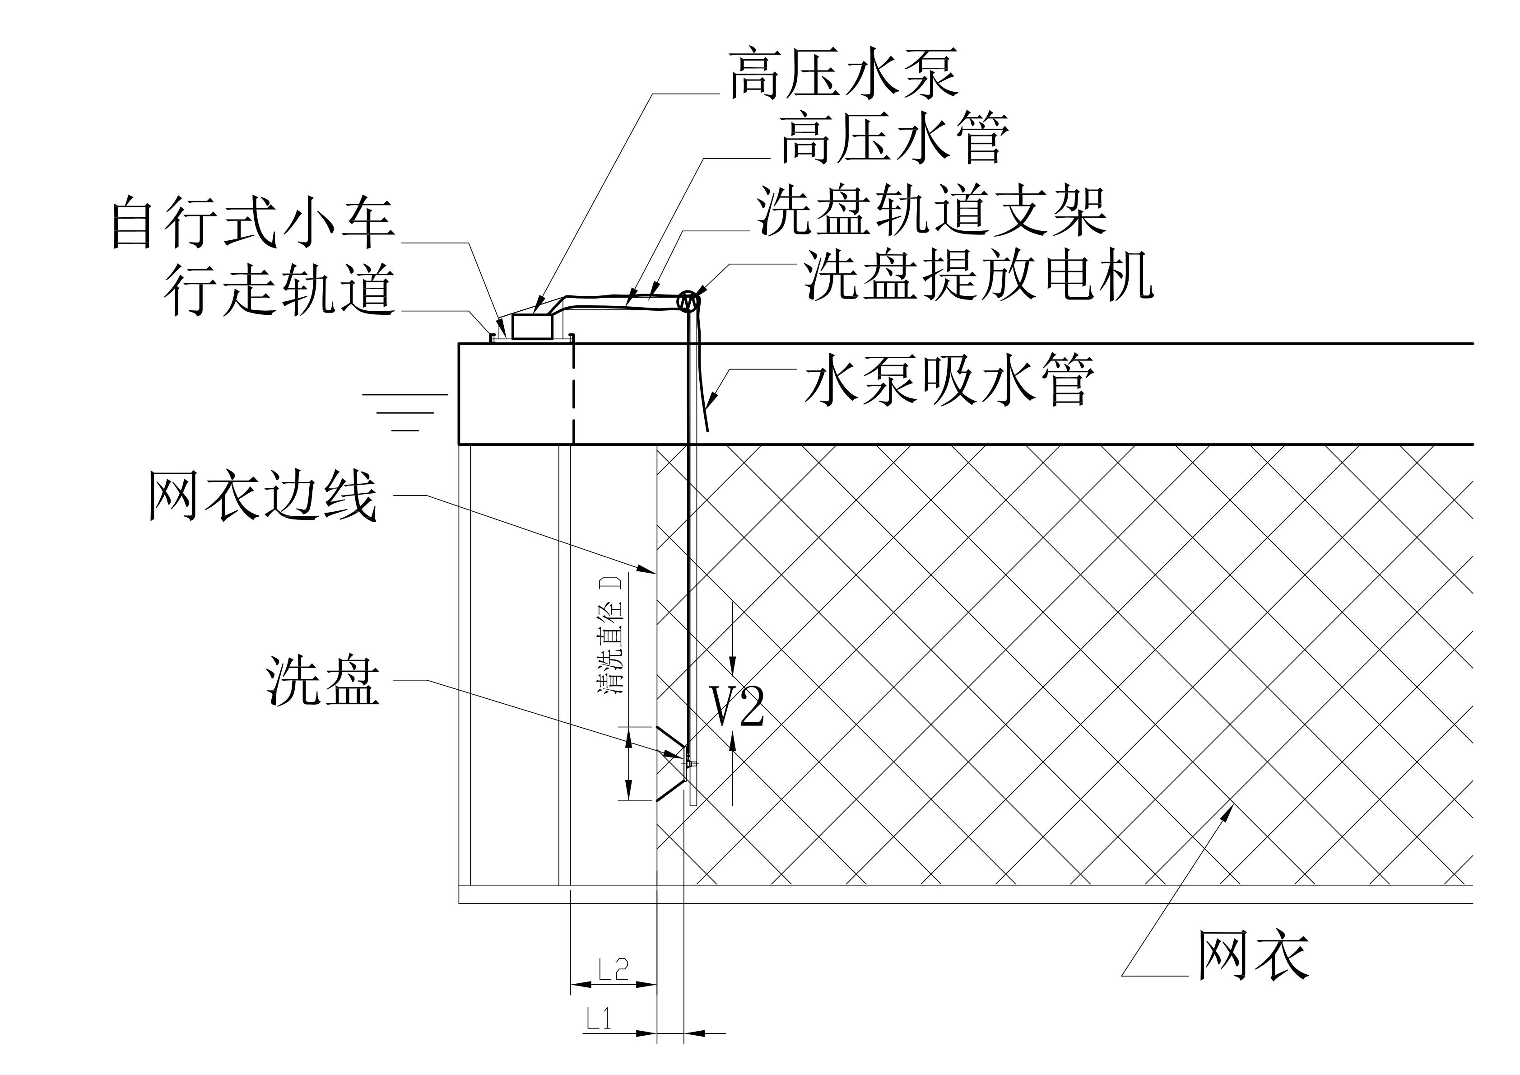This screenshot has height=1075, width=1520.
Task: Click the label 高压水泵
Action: [x=843, y=74]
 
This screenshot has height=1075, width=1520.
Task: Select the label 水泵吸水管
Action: [x=950, y=379]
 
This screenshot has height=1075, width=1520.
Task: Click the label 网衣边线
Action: [x=263, y=495]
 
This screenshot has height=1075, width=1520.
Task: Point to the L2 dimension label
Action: [x=613, y=970]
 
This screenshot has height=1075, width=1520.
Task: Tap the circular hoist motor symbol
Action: [x=688, y=301]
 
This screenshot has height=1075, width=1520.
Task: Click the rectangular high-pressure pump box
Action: [x=533, y=327]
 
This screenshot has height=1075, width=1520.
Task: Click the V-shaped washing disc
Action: [x=670, y=764]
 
